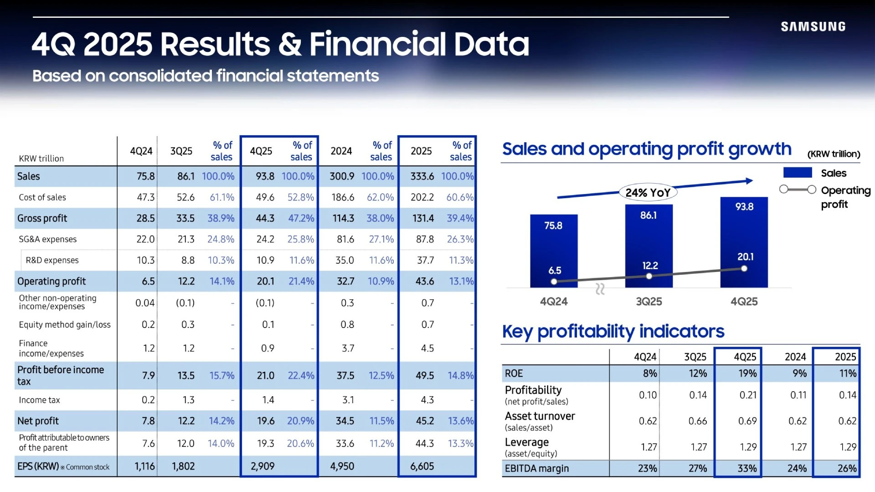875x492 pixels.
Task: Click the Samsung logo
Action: coord(813,27)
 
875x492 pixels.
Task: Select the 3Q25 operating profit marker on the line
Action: coord(649,276)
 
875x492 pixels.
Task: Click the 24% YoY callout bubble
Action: coord(648,193)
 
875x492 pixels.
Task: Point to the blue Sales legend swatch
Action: coord(797,173)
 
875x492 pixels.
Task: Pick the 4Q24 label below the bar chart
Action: coord(554,302)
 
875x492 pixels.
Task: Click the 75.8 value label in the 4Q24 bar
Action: coord(553,225)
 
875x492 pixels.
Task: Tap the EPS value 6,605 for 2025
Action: coord(422,466)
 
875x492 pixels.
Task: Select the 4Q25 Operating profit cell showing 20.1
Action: coord(265,282)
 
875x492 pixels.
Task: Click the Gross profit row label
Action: coord(42,219)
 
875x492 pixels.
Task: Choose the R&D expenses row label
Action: coord(52,260)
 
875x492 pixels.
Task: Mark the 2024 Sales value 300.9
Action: coord(342,176)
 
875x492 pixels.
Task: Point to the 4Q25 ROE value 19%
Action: coord(747,374)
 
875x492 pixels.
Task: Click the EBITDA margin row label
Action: coord(537,468)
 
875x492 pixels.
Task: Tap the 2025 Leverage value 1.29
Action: coord(848,447)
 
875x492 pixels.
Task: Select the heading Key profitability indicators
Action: coord(613,332)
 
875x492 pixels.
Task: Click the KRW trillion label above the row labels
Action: coord(41,159)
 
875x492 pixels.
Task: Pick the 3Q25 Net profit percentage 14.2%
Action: coord(221,421)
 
